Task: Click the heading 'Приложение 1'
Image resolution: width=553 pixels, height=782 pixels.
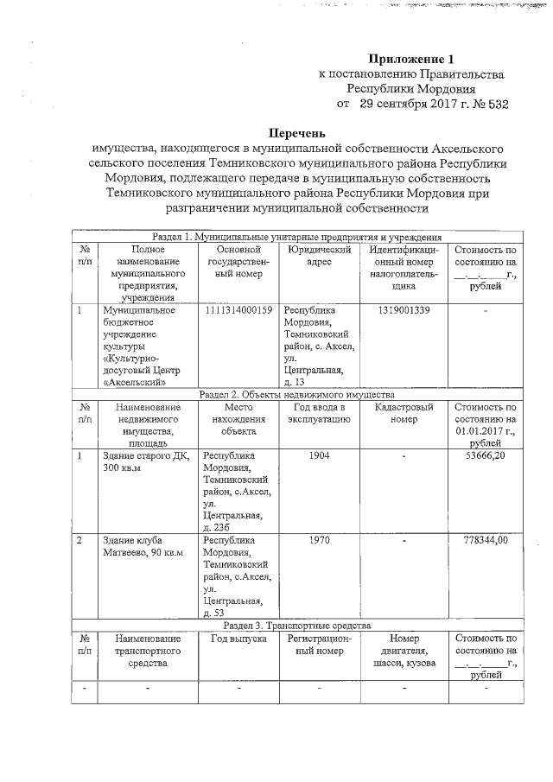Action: [x=410, y=60]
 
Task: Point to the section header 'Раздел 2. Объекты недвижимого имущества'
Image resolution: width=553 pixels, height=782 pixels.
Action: [x=296, y=394]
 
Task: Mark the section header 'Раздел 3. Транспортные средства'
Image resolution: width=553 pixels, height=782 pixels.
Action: [x=296, y=624]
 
